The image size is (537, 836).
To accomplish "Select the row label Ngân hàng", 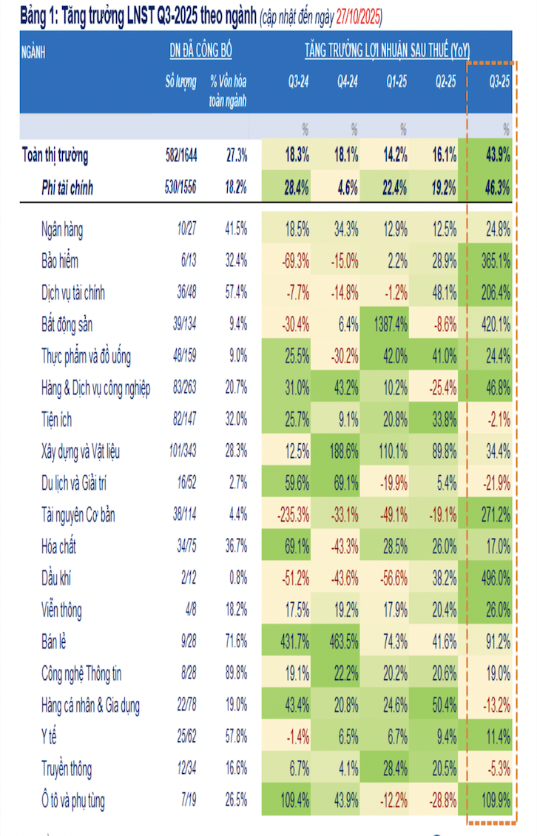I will click(62, 229).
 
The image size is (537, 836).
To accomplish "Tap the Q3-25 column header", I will click(499, 83).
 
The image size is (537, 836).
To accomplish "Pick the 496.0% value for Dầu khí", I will click(494, 579).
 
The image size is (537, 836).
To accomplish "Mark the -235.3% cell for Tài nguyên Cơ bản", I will click(291, 515).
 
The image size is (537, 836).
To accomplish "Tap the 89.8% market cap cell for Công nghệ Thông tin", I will click(236, 674).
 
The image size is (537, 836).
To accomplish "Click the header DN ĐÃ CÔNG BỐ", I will click(200, 51).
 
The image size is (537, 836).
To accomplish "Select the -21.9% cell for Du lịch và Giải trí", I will click(494, 483).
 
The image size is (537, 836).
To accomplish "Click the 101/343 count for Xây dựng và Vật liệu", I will click(180, 451).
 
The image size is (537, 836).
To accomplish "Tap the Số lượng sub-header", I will click(181, 83).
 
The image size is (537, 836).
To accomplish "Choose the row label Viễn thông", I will click(61, 610).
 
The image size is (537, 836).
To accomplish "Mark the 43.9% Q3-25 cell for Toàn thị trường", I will click(494, 156).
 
